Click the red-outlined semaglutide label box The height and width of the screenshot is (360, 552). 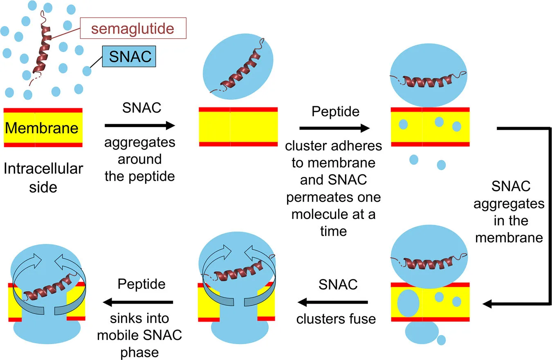132,29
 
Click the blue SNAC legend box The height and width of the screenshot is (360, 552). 130,57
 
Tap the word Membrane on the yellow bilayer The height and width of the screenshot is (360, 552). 42,128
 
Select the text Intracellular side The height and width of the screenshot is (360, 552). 43,178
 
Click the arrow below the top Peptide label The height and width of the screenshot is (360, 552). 334,128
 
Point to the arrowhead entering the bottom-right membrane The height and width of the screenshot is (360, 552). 488,304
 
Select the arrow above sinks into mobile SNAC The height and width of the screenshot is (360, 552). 138,302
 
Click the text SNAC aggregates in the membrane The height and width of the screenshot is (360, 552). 509,212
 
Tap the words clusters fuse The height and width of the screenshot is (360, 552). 336,318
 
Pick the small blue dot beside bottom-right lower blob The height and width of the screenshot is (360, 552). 441,340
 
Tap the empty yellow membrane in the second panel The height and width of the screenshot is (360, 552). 238,127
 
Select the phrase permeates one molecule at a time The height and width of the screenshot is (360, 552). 333,214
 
